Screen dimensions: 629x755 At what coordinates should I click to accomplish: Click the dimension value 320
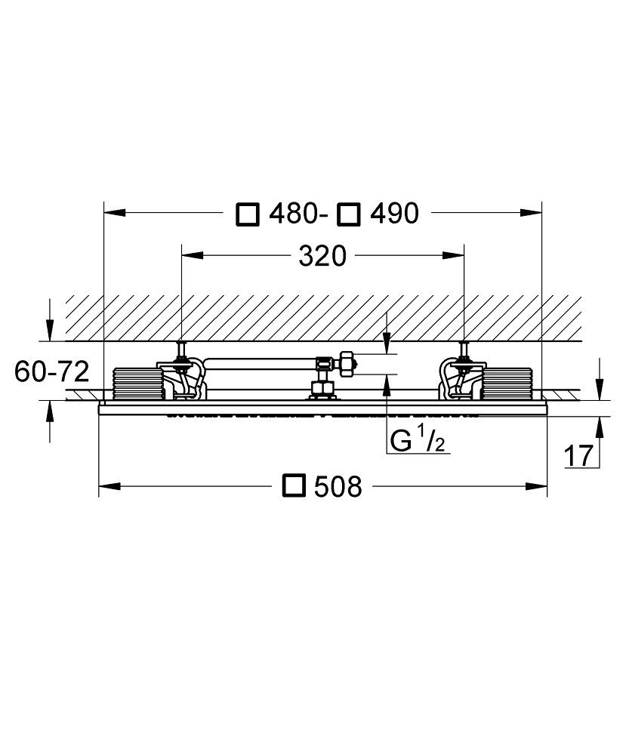[x=322, y=256]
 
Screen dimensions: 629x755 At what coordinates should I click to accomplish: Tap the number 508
[x=338, y=486]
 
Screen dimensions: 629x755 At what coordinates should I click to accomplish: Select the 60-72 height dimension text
[x=52, y=371]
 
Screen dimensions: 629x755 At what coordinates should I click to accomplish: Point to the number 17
[x=578, y=456]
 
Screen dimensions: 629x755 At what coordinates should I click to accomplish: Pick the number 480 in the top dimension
[x=293, y=214]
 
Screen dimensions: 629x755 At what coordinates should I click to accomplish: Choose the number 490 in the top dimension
[x=394, y=214]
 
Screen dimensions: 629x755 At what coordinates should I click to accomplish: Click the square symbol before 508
[x=294, y=485]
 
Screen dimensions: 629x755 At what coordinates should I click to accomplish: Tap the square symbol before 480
[x=248, y=214]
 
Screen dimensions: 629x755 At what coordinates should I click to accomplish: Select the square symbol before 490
[x=349, y=214]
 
